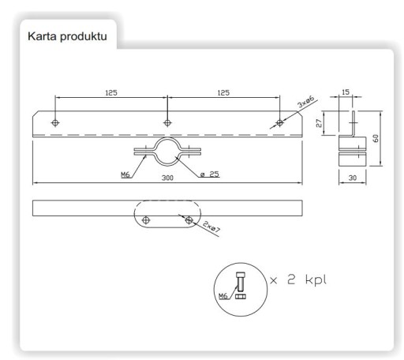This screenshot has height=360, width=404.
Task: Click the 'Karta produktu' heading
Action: click(x=67, y=36)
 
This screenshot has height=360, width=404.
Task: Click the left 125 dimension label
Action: click(x=111, y=93)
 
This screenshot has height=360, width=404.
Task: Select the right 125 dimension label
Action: click(x=223, y=92)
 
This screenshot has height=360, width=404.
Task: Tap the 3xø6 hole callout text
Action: click(x=305, y=102)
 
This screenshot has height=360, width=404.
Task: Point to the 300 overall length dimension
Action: click(x=167, y=178)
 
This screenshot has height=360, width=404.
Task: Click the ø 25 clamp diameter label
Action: click(x=210, y=174)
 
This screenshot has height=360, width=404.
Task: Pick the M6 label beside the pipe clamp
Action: click(x=125, y=174)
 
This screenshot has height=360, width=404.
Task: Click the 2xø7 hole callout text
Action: click(x=211, y=227)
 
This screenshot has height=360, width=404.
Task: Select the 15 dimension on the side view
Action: click(x=346, y=92)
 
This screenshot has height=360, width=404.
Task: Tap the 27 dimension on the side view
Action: click(x=319, y=123)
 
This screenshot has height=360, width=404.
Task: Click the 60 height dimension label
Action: click(x=376, y=138)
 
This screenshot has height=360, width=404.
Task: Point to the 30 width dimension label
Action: click(x=353, y=178)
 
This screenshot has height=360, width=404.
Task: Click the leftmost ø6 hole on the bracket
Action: click(x=55, y=122)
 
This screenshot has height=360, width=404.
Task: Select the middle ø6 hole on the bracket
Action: click(x=167, y=122)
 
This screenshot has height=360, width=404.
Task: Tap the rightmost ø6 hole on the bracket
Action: click(x=280, y=122)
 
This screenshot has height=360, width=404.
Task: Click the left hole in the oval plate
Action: click(x=146, y=220)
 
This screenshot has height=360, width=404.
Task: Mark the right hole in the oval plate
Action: click(x=189, y=220)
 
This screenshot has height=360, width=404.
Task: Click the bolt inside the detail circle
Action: click(x=241, y=282)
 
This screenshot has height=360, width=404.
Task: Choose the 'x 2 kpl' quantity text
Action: click(x=298, y=279)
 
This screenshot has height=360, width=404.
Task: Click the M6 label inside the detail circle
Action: click(x=223, y=296)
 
